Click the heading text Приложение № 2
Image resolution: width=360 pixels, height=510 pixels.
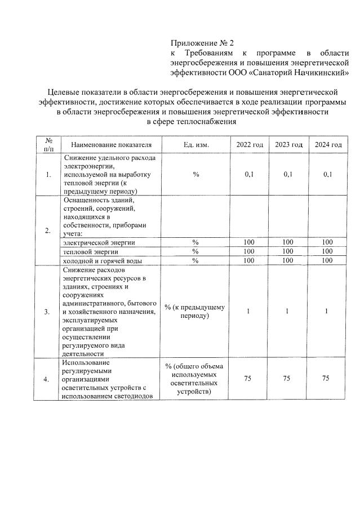(202, 43)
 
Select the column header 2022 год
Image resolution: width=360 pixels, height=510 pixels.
(249, 145)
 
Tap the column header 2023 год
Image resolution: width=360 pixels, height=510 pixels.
(288, 145)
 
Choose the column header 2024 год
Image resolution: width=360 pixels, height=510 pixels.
(328, 145)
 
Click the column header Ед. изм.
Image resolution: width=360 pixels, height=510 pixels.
(195, 145)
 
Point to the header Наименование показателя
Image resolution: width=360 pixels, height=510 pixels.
(112, 145)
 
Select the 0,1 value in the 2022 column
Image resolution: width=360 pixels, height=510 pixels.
(249, 175)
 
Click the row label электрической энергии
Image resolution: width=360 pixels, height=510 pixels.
(99, 242)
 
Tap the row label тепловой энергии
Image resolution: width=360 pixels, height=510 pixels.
(90, 251)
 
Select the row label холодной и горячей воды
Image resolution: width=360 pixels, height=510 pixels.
(102, 260)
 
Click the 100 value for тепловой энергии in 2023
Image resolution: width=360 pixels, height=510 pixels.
(288, 251)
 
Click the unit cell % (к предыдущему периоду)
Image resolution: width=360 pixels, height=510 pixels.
(195, 311)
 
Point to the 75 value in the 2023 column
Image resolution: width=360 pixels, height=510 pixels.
(287, 379)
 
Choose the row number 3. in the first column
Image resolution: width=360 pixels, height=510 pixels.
(47, 311)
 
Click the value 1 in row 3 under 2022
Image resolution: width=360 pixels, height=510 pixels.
(248, 311)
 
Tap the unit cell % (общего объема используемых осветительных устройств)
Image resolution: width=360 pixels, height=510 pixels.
(195, 379)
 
